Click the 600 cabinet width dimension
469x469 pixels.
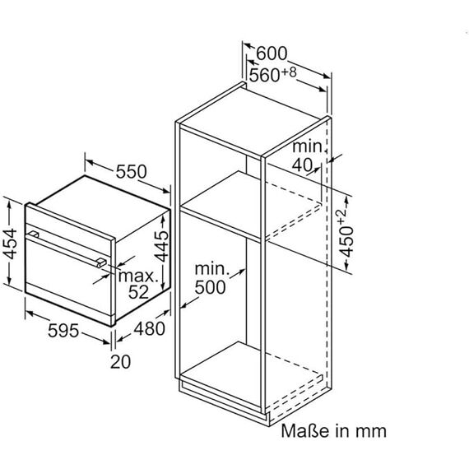pyautogui.click(x=272, y=53)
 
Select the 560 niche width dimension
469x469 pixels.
pyautogui.click(x=264, y=75)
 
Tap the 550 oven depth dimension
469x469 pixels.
pyautogui.click(x=131, y=171)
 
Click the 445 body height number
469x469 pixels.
pyautogui.click(x=161, y=246)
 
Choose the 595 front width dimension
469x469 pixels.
pyautogui.click(x=63, y=331)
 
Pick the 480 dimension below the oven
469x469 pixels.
pyautogui.click(x=149, y=328)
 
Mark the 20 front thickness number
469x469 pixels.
pyautogui.click(x=120, y=361)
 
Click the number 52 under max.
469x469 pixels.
pyautogui.click(x=138, y=292)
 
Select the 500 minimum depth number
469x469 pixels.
pyautogui.click(x=210, y=287)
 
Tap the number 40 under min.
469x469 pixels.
pyautogui.click(x=302, y=165)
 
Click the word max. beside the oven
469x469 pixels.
pyautogui.click(x=138, y=276)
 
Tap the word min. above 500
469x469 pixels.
pyautogui.click(x=212, y=268)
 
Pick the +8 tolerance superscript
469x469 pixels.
pyautogui.click(x=289, y=72)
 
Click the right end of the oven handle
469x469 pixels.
pyautogui.click(x=102, y=262)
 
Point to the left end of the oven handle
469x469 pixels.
pyautogui.click(x=33, y=234)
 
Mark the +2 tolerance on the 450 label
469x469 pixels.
pyautogui.click(x=341, y=216)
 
